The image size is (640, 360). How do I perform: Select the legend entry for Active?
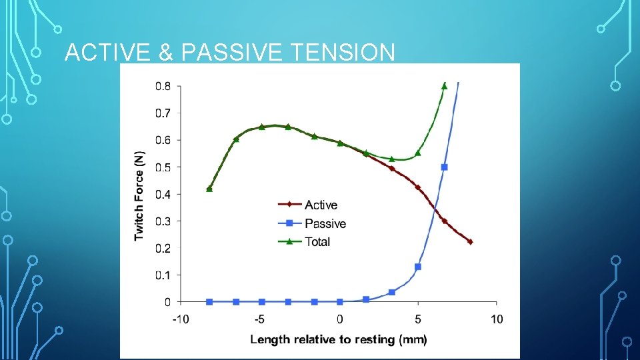(321, 205)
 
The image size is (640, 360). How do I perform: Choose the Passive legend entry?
(325, 224)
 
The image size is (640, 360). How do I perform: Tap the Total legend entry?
(317, 242)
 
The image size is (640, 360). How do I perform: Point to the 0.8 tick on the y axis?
(163, 86)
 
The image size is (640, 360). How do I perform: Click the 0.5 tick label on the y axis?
(163, 167)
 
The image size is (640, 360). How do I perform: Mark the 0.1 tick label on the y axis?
(163, 275)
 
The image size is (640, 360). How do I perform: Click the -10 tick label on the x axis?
(181, 319)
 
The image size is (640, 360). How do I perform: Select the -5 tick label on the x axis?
(261, 319)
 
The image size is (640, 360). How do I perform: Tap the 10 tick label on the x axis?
(496, 319)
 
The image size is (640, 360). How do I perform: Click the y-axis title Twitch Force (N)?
(139, 194)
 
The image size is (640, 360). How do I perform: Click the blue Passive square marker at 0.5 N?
(444, 167)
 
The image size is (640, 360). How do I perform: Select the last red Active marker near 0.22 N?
(470, 242)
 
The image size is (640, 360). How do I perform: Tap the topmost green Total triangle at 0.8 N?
(444, 85)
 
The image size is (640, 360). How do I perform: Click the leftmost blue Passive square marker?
(209, 302)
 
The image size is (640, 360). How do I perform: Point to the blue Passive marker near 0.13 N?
(418, 267)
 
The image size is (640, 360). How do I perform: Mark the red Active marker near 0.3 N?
(444, 221)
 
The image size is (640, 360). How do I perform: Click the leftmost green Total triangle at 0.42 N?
(209, 189)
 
